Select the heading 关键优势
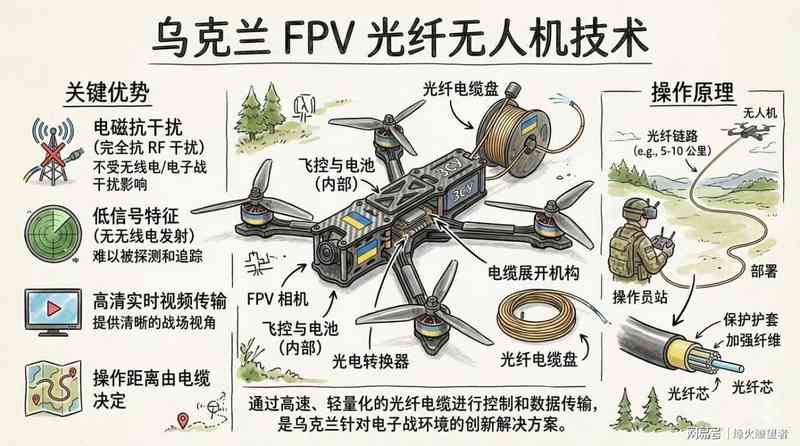(x=107, y=93)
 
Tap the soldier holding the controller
(x=639, y=243)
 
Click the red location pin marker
(x=182, y=418)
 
